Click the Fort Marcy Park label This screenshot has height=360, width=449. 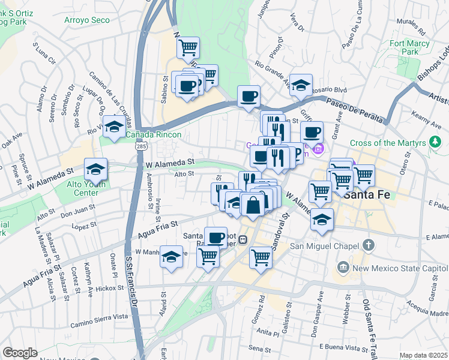pos(410,47)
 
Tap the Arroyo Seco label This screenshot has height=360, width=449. pos(87,20)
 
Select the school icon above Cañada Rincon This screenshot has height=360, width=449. pos(113,125)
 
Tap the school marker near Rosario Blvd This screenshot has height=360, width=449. pos(301,85)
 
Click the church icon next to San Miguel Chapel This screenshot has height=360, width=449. pos(369,245)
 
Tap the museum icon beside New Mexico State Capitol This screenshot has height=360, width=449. pos(343,266)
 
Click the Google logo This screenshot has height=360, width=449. pos(20,353)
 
